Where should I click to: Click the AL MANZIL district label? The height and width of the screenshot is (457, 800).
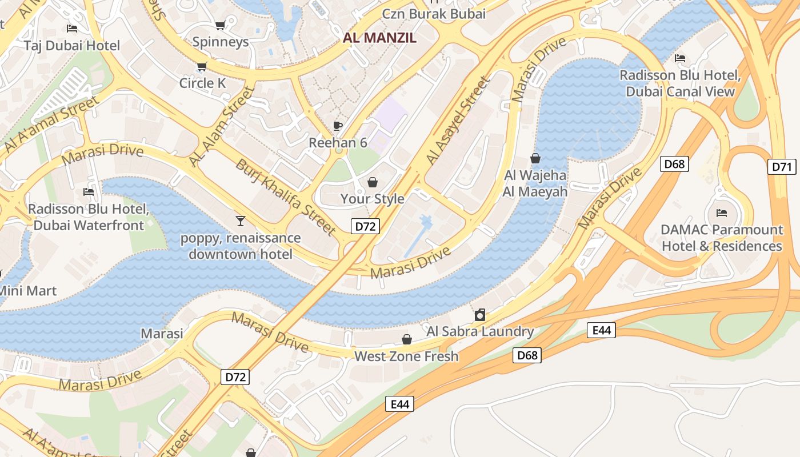(x=379, y=38)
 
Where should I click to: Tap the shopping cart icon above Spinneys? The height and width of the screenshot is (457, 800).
(x=220, y=25)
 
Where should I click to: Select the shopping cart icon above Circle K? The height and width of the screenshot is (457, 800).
(x=202, y=67)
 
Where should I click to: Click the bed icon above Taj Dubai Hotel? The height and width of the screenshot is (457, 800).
(x=72, y=29)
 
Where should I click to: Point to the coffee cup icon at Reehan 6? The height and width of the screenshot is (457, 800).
(x=338, y=126)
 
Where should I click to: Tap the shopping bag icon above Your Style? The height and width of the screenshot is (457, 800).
(x=373, y=182)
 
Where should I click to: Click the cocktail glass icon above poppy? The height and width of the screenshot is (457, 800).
(x=240, y=221)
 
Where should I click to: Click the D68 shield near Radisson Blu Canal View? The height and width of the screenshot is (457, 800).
(x=674, y=164)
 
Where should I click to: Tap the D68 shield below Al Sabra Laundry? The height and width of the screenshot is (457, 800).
(x=527, y=355)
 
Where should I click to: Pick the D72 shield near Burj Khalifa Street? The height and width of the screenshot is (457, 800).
(x=365, y=226)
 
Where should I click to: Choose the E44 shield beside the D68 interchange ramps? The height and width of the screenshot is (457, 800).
(x=601, y=330)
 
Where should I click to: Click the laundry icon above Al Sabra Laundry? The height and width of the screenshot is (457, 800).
(x=480, y=315)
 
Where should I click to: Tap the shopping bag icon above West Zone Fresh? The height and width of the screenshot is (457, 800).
(x=407, y=340)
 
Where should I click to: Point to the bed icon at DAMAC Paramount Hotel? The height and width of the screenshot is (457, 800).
(x=721, y=213)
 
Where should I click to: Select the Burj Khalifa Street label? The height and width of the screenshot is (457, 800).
(x=285, y=197)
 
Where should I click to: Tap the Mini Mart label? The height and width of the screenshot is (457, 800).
(x=27, y=291)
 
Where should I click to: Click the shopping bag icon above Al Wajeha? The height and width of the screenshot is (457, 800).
(x=535, y=158)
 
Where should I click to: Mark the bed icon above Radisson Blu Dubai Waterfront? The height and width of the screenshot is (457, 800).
(x=89, y=192)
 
